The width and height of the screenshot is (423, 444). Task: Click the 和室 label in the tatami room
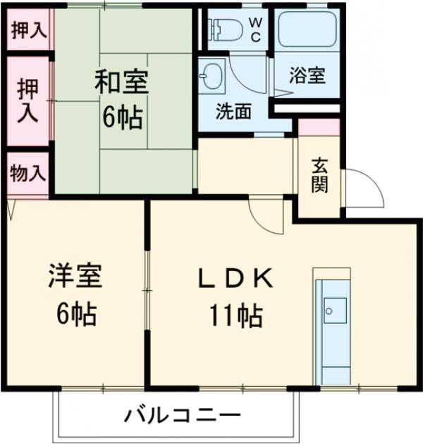pos(121,83)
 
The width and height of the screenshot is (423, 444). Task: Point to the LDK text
pos(235,280)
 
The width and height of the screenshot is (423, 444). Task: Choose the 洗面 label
pos(233,112)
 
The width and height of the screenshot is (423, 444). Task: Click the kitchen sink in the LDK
pos(334,308)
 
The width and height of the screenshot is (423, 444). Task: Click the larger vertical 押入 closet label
pos(28,100)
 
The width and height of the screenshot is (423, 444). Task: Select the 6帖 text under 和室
pos(121,116)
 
